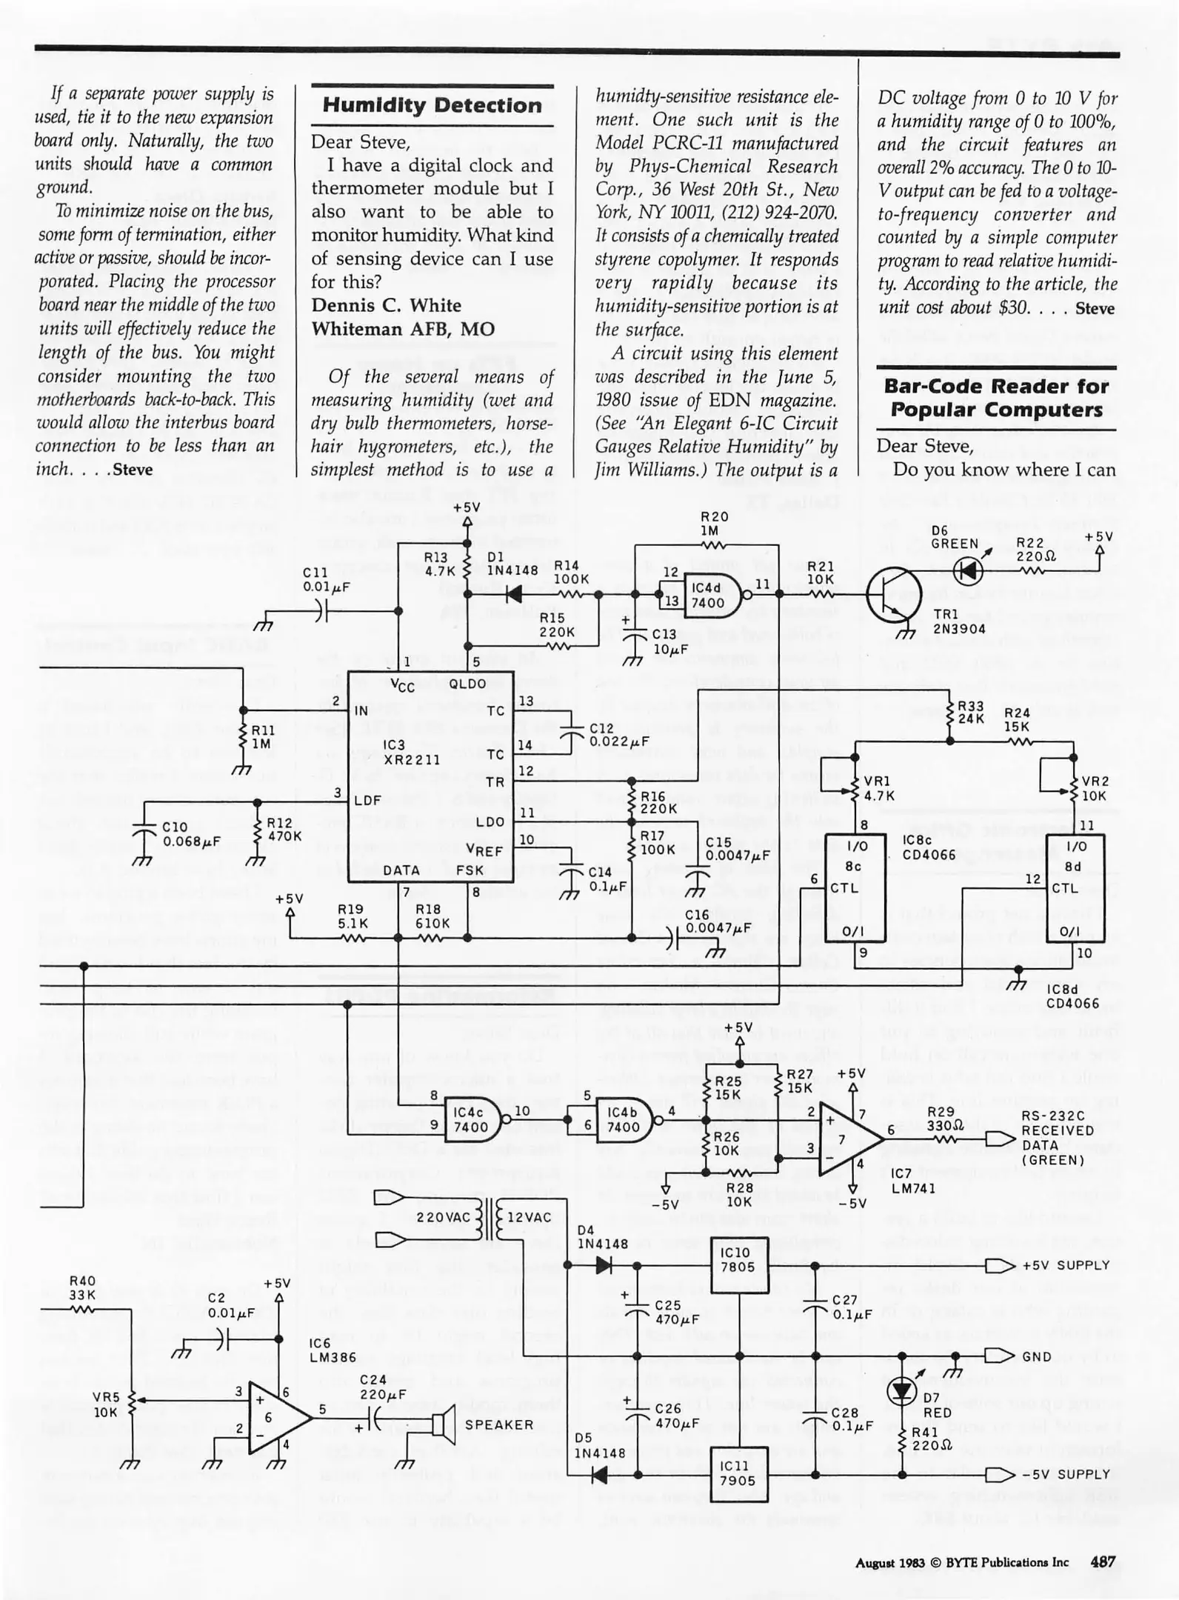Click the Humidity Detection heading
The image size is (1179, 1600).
[x=432, y=105]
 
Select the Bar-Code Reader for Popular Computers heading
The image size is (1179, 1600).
[x=996, y=398]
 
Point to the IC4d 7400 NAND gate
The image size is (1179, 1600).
[x=710, y=595]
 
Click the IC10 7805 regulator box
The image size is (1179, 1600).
[x=738, y=1266]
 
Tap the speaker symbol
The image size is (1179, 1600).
[x=442, y=1424]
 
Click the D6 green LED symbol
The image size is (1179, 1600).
[x=969, y=570]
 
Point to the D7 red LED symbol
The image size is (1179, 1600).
[x=902, y=1392]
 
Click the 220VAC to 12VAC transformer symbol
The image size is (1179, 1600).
[x=488, y=1217]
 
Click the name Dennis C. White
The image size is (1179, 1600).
[x=386, y=305]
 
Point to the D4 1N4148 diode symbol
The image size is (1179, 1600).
[x=604, y=1266]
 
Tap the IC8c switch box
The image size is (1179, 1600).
[x=855, y=887]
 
